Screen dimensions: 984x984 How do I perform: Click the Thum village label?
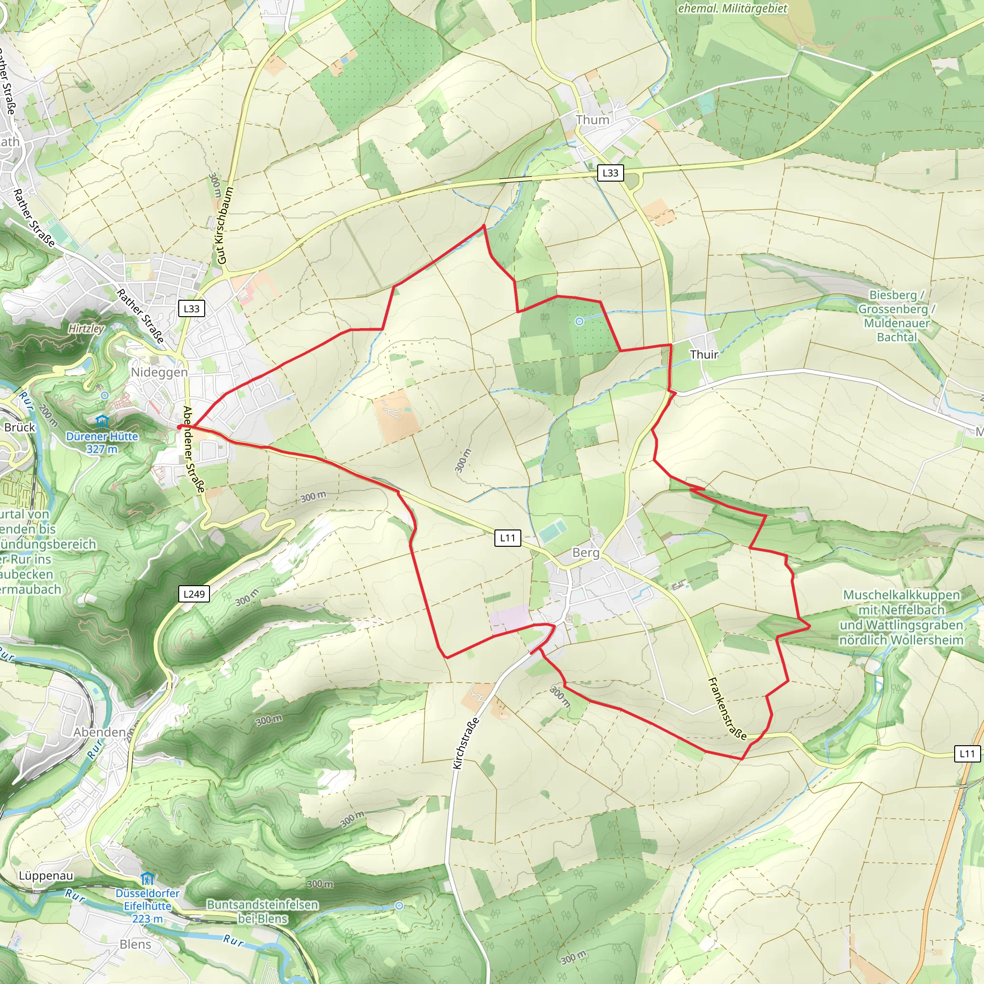(x=592, y=120)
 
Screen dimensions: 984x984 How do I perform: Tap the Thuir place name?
(x=704, y=355)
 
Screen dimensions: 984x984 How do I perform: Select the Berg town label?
(x=586, y=553)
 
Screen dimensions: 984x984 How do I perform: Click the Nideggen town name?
(x=160, y=372)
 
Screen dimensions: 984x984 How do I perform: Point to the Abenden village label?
(x=99, y=732)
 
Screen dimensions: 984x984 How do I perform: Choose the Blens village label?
(x=135, y=944)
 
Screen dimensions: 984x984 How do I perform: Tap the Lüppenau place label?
(x=46, y=875)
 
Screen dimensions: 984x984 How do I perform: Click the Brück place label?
(x=20, y=427)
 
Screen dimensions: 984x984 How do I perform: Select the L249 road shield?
(x=194, y=594)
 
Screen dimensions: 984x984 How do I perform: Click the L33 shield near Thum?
(x=610, y=172)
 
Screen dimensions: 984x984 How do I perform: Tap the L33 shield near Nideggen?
(x=192, y=308)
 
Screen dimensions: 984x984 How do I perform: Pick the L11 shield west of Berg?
(x=507, y=537)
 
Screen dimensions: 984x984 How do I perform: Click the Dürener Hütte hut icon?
(x=102, y=421)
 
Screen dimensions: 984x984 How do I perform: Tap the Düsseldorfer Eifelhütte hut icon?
(x=147, y=879)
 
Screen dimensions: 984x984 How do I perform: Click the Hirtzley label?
(x=86, y=329)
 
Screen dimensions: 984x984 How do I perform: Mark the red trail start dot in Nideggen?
(x=179, y=427)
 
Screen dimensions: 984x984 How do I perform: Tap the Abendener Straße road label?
(x=194, y=450)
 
